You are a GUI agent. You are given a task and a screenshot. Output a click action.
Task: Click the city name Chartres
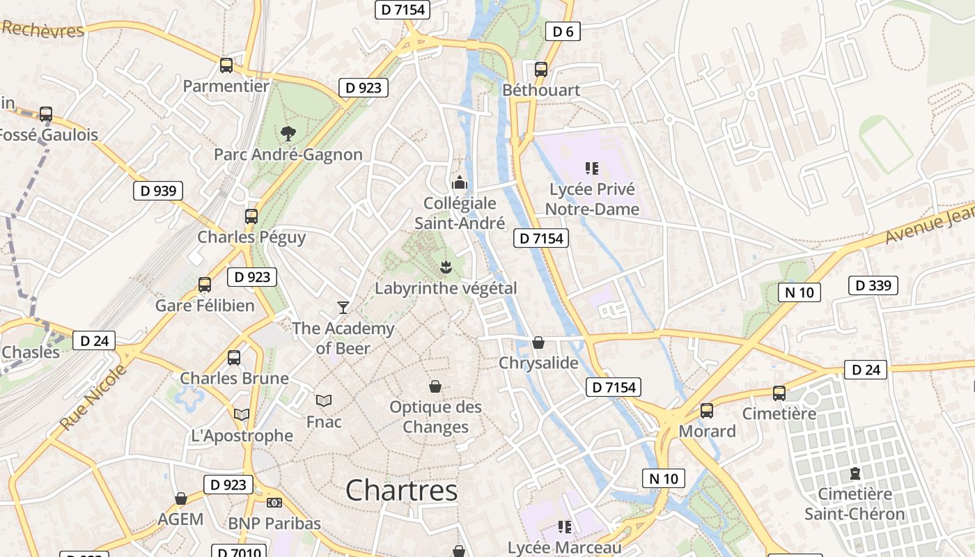(x=401, y=490)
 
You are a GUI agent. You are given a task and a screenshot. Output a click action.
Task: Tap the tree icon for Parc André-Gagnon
(x=288, y=134)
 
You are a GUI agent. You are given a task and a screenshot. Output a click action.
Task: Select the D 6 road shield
(x=562, y=31)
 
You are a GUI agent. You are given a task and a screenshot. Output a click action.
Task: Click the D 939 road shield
(x=158, y=191)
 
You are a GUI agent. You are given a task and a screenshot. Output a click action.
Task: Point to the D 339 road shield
(x=873, y=285)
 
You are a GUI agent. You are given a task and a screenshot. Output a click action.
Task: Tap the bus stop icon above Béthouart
(x=540, y=70)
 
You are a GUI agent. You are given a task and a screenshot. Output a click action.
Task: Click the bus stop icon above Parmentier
(x=226, y=65)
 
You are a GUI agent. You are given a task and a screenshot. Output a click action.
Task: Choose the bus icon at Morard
(x=707, y=411)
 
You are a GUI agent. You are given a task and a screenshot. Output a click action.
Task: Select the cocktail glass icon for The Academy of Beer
(x=343, y=307)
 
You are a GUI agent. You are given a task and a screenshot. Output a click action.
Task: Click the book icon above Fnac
(x=324, y=400)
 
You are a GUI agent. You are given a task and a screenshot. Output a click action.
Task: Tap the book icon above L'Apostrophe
(x=242, y=415)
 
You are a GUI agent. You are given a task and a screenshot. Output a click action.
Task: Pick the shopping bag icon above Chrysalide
(x=538, y=343)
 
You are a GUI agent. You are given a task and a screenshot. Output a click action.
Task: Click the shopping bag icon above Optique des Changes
(x=435, y=386)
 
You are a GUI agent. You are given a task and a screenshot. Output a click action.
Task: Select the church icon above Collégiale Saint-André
(x=460, y=182)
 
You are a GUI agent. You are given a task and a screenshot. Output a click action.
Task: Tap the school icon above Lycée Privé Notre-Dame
(x=592, y=168)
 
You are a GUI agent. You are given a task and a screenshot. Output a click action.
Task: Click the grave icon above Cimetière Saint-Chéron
(x=855, y=473)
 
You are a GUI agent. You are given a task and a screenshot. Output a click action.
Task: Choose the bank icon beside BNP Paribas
(x=274, y=503)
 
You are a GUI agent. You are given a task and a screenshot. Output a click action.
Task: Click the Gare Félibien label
(x=205, y=305)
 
